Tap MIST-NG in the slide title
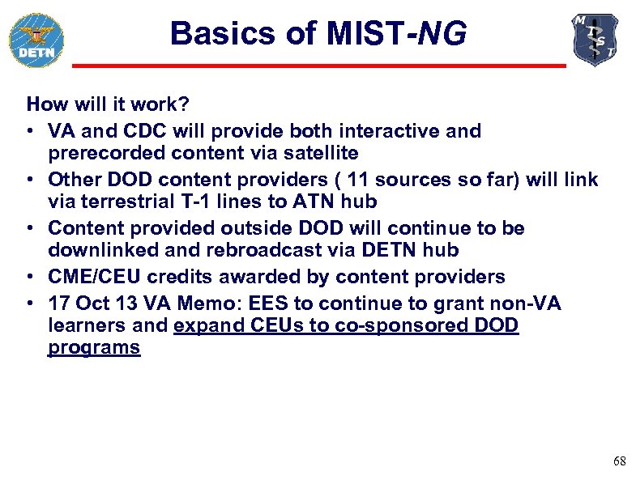coord(396,33)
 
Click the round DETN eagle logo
coord(36,39)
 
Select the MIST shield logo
coord(595,39)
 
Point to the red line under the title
coord(318,66)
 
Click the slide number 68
coord(619,461)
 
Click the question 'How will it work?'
coord(108,104)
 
